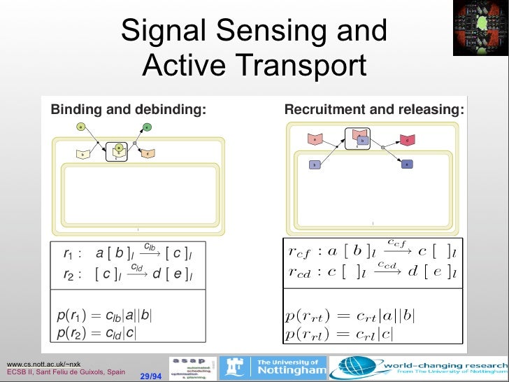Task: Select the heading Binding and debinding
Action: click(x=129, y=110)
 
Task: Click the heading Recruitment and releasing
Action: click(x=374, y=110)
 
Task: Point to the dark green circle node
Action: click(x=146, y=127)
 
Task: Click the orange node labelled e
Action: click(x=148, y=153)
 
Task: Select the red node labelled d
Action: click(x=407, y=140)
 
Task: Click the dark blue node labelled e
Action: click(x=407, y=164)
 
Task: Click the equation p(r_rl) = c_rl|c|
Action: click(x=339, y=334)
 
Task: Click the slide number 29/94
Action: click(x=150, y=376)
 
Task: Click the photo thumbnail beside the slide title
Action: click(x=480, y=27)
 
